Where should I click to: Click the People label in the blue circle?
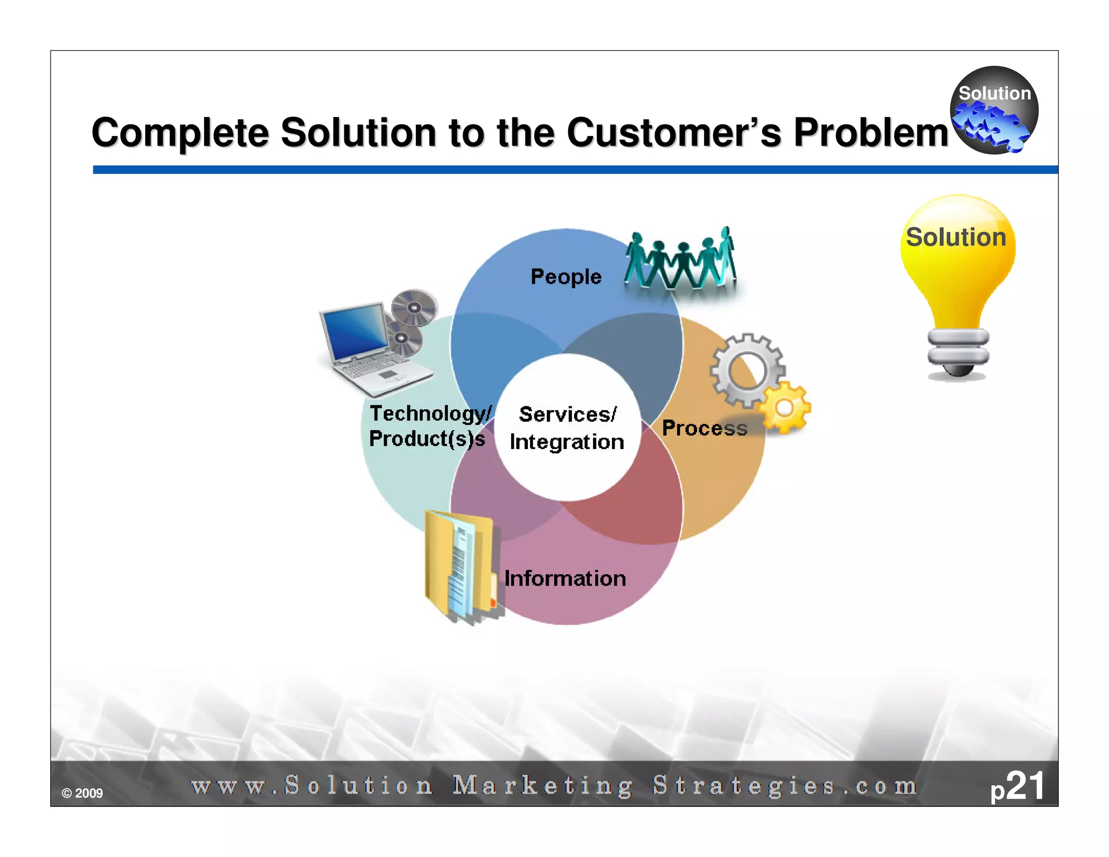click(x=566, y=277)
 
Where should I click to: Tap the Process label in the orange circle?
click(x=704, y=428)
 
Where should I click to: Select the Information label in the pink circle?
click(x=565, y=579)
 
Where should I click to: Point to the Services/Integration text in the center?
click(x=567, y=428)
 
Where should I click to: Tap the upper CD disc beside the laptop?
click(x=414, y=307)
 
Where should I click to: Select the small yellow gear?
click(x=785, y=408)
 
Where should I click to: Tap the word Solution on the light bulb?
click(x=956, y=237)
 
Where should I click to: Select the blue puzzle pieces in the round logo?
click(x=989, y=126)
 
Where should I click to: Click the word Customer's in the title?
click(x=674, y=133)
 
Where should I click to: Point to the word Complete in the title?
click(x=180, y=133)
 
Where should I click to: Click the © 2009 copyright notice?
click(x=82, y=793)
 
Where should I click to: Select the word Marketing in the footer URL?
click(x=542, y=785)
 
